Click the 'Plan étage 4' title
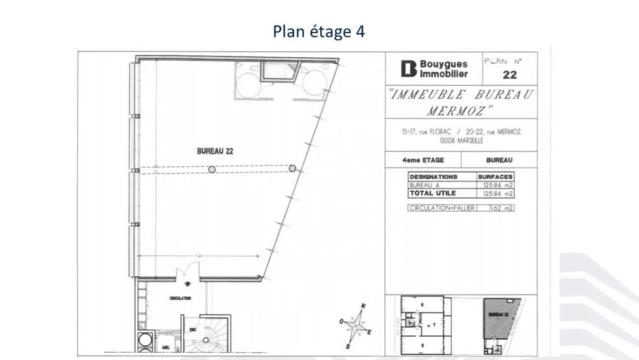319,31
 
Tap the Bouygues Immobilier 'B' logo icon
408,69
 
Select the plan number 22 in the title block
510,75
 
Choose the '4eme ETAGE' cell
423,160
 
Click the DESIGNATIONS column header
433,177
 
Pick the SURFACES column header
495,177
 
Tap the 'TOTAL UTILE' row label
432,193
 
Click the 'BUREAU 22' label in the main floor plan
215,151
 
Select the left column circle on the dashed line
212,170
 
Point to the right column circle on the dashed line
292,168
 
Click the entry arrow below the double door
188,283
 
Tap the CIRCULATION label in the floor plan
180,298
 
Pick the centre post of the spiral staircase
207,341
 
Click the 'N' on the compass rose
364,306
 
